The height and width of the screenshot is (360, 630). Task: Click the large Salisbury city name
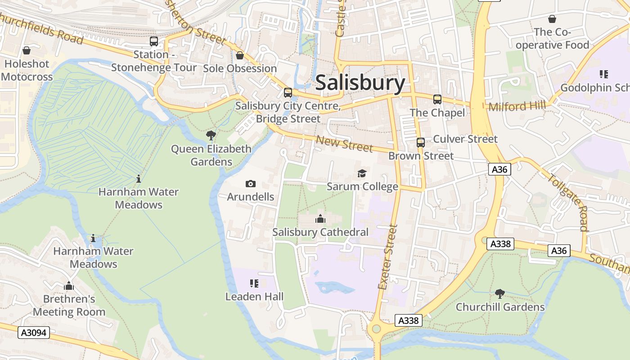point(360,83)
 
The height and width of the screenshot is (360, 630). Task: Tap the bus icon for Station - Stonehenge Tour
point(154,41)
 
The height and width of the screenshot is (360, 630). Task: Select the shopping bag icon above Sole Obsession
point(240,55)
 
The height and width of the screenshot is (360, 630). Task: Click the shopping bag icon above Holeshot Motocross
point(27,50)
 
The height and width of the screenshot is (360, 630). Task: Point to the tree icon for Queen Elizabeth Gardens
point(211,135)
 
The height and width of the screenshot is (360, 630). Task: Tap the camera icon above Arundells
point(251,184)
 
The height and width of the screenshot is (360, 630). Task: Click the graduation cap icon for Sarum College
point(362,173)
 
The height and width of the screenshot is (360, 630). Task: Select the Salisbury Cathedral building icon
point(320,219)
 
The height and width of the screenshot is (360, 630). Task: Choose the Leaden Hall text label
point(254,297)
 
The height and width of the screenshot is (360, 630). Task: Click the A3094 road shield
point(34,333)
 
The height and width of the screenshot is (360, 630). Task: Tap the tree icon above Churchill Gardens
point(499,294)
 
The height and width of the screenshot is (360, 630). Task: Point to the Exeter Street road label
point(388,257)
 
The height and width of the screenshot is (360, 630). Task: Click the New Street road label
point(344,144)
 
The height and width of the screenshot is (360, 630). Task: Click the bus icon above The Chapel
point(437,99)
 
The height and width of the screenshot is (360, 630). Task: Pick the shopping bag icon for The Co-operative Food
point(552,19)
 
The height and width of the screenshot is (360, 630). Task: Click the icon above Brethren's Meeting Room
point(69,286)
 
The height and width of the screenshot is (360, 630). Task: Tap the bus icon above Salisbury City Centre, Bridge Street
point(288,93)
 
